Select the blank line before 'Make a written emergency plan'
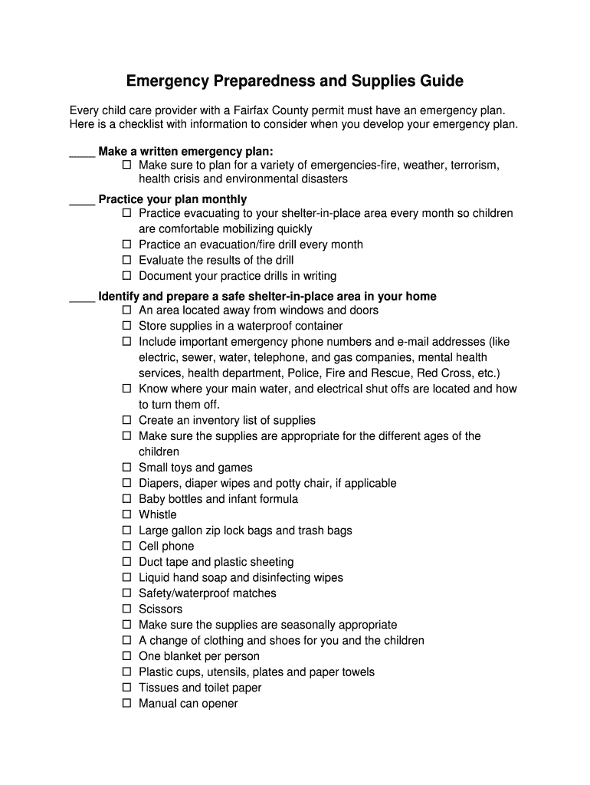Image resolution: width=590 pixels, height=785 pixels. coord(82,152)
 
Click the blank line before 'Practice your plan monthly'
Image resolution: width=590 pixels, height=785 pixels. coord(82,200)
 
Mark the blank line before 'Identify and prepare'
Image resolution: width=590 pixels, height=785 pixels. coord(82,297)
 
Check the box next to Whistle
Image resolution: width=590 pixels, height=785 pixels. coord(127,514)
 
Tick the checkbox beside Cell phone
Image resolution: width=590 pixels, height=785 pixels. coord(127,546)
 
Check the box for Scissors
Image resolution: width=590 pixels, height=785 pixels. coord(127,609)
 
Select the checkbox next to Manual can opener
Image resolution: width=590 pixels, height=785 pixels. coord(127,703)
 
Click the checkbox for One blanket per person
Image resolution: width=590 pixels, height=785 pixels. coord(127,656)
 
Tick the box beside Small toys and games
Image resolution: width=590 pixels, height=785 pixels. coord(127,468)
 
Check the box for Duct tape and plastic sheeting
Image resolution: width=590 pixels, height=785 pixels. coord(127,562)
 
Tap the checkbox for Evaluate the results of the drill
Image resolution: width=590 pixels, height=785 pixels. coord(127,260)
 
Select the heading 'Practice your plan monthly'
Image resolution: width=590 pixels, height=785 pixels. coord(172,200)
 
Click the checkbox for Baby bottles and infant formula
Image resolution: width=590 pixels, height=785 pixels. coord(127,499)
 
